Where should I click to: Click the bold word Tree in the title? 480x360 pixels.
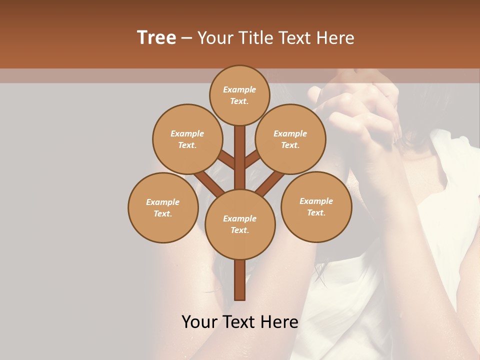tap(156, 38)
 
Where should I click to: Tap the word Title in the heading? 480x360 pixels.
tap(255, 38)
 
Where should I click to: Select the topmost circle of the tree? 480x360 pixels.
tap(239, 95)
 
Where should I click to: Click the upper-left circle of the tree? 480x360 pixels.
tap(187, 139)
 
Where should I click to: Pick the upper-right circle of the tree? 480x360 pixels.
tap(290, 139)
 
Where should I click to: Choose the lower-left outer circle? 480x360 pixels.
tap(163, 207)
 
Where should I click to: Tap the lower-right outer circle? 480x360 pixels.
tap(316, 206)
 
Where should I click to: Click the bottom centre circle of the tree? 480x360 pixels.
tap(240, 224)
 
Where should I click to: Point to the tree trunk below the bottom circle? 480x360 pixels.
tap(240, 280)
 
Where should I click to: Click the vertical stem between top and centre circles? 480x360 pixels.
tap(240, 157)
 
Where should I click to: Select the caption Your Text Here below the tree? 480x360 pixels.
tap(240, 322)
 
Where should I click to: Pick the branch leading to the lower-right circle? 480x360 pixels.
tap(271, 182)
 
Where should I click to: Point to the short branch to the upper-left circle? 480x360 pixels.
tap(226, 160)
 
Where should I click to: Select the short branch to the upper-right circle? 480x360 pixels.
tap(253, 159)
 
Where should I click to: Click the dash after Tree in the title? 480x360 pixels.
tap(187, 38)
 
